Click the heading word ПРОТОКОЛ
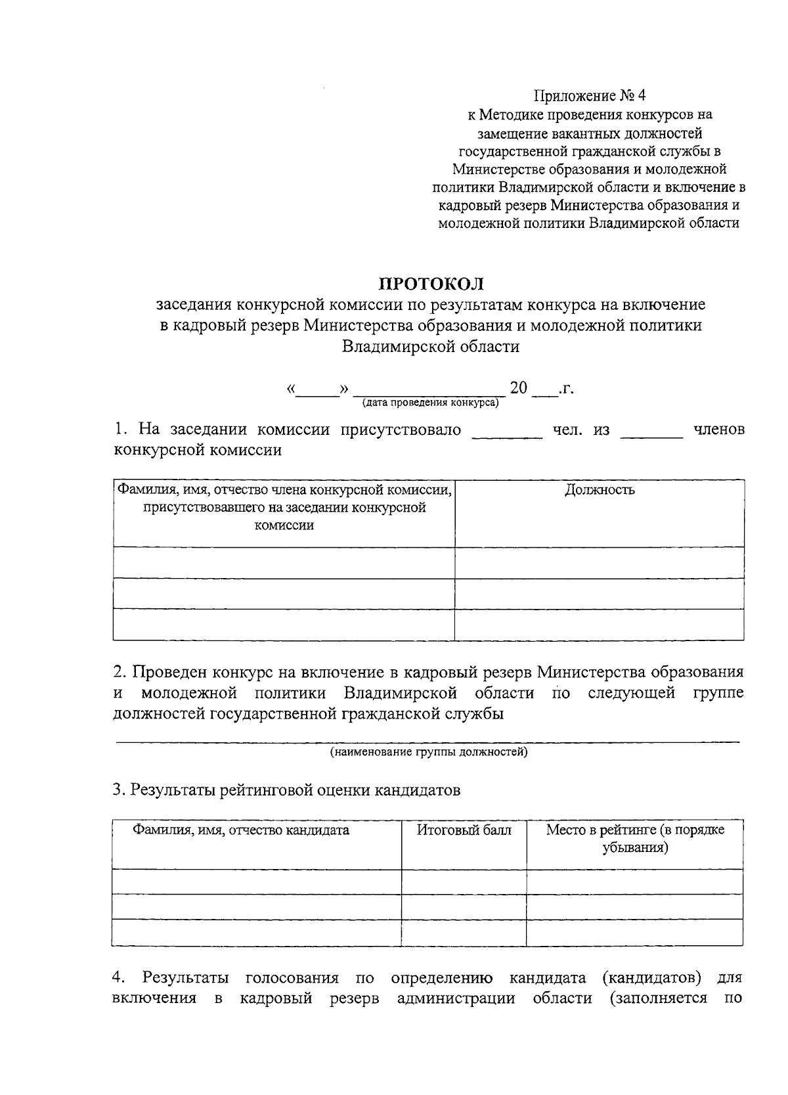click(431, 284)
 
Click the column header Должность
click(600, 490)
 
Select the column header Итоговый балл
click(464, 830)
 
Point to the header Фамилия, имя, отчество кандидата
click(241, 830)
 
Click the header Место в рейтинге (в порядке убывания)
click(635, 838)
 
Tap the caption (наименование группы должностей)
click(428, 751)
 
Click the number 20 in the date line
click(519, 388)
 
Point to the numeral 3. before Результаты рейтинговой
click(119, 790)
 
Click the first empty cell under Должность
click(600, 563)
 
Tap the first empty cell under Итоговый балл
click(464, 882)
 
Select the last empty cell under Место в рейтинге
click(635, 932)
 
